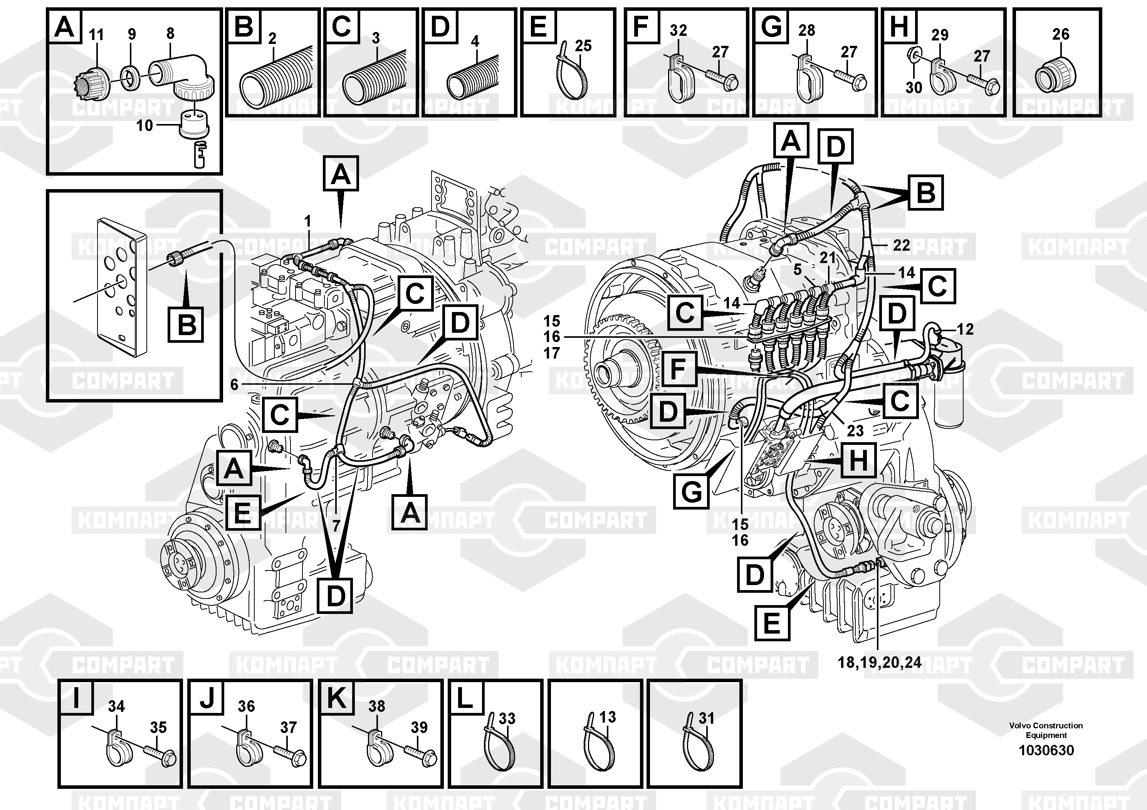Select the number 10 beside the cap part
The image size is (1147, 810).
coord(144,125)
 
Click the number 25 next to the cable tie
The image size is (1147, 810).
coord(583,46)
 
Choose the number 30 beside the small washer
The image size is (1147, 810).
coord(914,87)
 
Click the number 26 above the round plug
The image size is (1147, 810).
coord(1061,34)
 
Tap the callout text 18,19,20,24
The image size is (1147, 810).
coord(879,663)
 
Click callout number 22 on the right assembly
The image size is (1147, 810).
coord(901,245)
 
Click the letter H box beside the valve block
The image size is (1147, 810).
coord(858,460)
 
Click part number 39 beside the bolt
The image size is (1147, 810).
coord(419,727)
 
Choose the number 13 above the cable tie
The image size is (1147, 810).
coord(608,717)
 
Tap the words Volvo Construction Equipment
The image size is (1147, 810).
coord(1046,730)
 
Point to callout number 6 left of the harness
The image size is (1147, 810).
coord(234,385)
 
